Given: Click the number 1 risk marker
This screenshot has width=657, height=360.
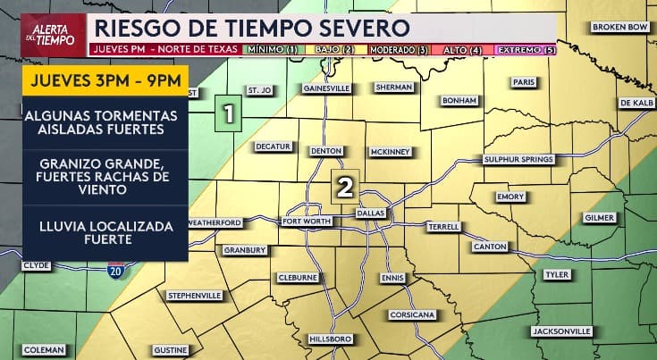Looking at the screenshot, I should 230,114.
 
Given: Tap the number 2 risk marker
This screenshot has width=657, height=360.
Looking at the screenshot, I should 344,186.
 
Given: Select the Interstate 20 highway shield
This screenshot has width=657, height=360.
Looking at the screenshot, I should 115,270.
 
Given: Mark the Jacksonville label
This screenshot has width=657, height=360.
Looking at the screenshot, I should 560,331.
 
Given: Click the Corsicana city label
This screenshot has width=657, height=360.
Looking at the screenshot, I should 411,315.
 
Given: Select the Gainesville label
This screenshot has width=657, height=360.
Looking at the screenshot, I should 325,89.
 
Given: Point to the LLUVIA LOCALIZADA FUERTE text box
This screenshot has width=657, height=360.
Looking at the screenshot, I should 105,234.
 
